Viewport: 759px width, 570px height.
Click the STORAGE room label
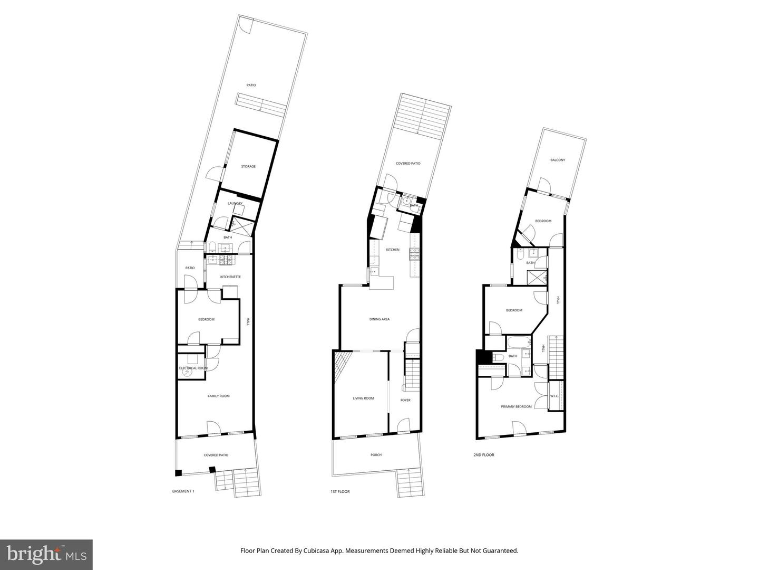point(248,167)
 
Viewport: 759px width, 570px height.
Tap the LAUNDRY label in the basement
point(235,204)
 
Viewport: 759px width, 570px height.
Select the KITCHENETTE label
point(230,277)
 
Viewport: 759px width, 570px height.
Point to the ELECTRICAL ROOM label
point(193,368)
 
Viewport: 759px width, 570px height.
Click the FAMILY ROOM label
point(218,396)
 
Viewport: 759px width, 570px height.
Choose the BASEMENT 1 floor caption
point(183,491)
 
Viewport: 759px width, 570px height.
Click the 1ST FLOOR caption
point(340,491)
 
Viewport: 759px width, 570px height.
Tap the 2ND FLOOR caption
point(484,454)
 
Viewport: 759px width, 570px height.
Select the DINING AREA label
point(379,319)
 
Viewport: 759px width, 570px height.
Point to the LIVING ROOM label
point(363,398)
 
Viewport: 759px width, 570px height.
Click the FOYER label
point(405,400)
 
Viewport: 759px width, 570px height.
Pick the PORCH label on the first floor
point(376,454)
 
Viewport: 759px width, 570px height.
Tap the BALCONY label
point(558,160)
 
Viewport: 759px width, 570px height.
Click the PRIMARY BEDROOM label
point(516,406)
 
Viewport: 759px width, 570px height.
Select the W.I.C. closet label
point(554,396)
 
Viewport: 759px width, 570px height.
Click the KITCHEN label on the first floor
point(393,250)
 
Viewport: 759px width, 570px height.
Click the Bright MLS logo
point(46,554)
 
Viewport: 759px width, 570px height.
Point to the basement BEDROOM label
point(206,319)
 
